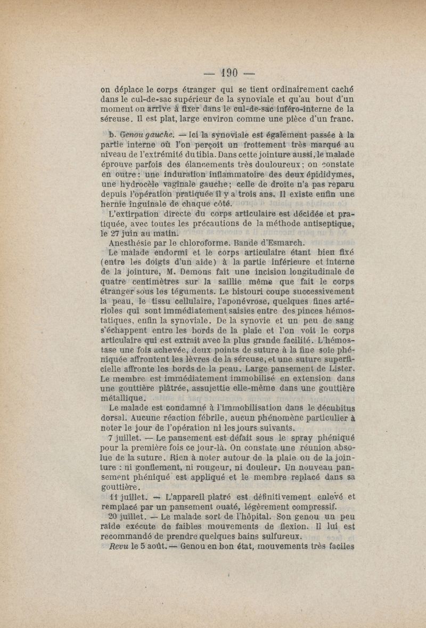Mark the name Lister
point(342,369)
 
